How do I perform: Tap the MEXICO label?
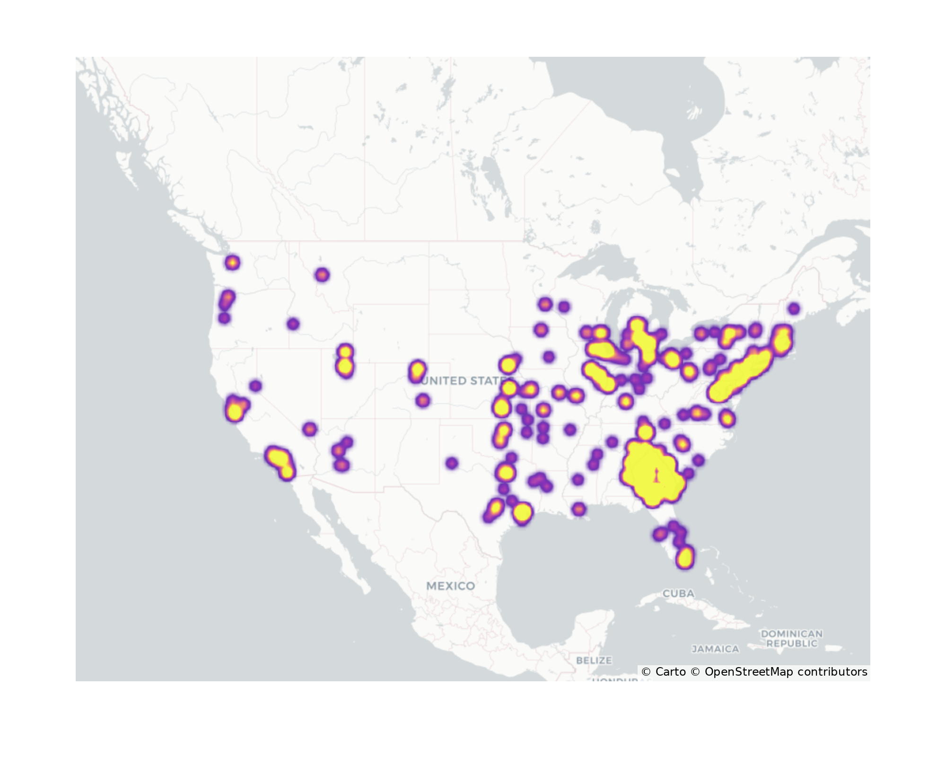tap(450, 586)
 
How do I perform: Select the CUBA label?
tap(678, 593)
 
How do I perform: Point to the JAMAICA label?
tap(715, 649)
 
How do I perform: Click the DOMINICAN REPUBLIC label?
tap(791, 638)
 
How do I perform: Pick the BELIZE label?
tap(594, 660)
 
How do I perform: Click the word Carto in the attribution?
tap(670, 672)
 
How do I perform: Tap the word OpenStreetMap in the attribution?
tap(749, 672)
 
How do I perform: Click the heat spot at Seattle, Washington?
tap(232, 262)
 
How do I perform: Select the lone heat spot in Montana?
tap(322, 274)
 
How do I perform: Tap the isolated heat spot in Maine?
tap(794, 309)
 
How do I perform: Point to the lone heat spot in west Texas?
tap(452, 463)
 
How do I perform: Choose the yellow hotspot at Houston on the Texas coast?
tap(522, 512)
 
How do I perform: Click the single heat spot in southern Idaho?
tap(293, 324)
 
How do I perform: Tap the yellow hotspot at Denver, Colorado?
tap(417, 370)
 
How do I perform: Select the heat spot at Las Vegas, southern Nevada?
tap(309, 429)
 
